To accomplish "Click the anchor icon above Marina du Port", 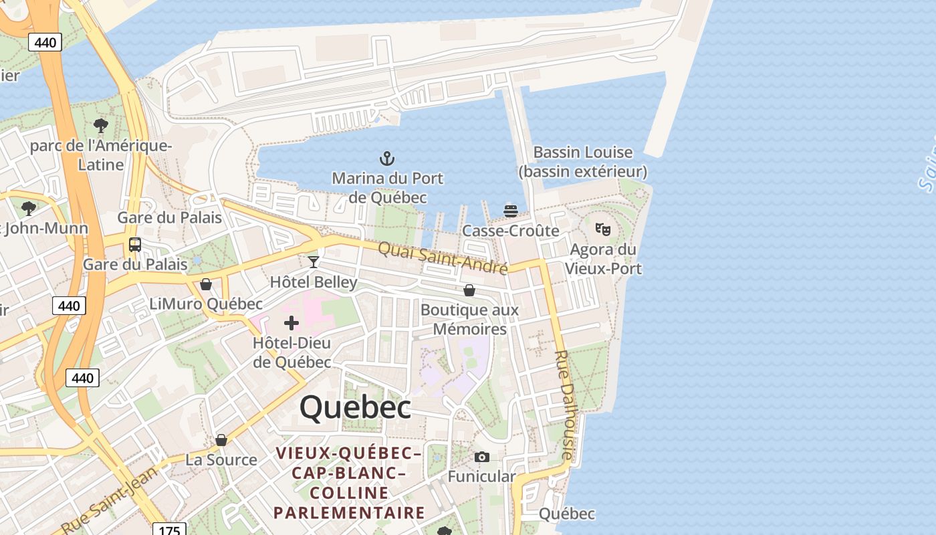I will point(386,159).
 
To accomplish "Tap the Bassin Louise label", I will point(582,162).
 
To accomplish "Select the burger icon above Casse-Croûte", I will point(511,211).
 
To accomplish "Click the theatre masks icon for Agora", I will point(603,229).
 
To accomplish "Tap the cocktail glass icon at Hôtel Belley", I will point(313,261).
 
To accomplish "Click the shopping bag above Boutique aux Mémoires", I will point(469,290).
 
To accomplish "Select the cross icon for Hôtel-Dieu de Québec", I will point(291,324).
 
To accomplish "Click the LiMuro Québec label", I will point(206,304).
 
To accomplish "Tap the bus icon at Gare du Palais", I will point(135,245).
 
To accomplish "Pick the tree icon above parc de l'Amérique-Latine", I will point(101,125).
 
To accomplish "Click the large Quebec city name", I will point(355,407).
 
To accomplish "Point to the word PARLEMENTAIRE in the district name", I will point(349,513).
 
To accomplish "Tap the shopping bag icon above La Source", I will point(221,440).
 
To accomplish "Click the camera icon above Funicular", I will point(481,457).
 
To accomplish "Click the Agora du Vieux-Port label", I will point(603,259).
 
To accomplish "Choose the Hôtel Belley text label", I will point(314,282).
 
